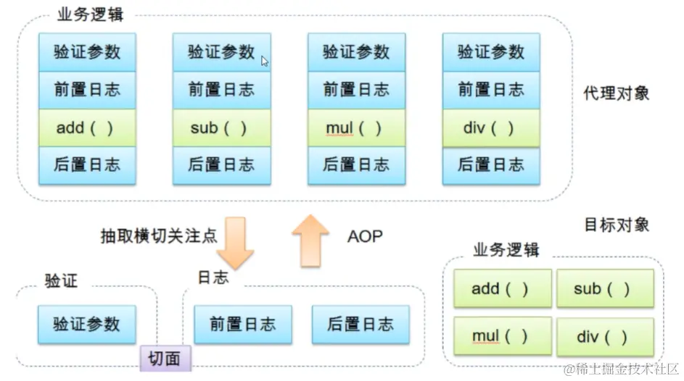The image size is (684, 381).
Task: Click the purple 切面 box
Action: pyautogui.click(x=165, y=358)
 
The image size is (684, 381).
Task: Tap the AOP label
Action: pyautogui.click(x=364, y=236)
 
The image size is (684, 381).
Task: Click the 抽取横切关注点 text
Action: pyautogui.click(x=158, y=236)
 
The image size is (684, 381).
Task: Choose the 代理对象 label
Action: pyautogui.click(x=616, y=93)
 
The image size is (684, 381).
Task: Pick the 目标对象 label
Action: pyautogui.click(x=616, y=225)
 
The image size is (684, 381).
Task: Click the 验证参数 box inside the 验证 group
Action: pyautogui.click(x=86, y=324)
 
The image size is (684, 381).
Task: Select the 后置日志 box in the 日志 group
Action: pyautogui.click(x=360, y=324)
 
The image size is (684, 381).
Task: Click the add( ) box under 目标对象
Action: pyautogui.click(x=502, y=289)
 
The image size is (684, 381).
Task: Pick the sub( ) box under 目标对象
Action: pyautogui.click(x=605, y=289)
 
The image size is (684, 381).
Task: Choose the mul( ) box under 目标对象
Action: pyautogui.click(x=502, y=336)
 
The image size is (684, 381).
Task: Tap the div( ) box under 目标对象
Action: pyautogui.click(x=605, y=336)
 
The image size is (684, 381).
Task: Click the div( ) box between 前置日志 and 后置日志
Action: pyautogui.click(x=491, y=128)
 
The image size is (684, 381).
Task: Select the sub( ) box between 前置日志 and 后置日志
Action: pyautogui.click(x=221, y=128)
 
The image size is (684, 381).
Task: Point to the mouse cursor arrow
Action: pyautogui.click(x=265, y=62)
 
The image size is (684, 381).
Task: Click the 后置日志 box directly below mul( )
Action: pyautogui.click(x=356, y=165)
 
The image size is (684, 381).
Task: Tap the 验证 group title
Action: pyautogui.click(x=61, y=280)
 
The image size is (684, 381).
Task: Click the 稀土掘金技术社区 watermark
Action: pyautogui.click(x=623, y=369)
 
